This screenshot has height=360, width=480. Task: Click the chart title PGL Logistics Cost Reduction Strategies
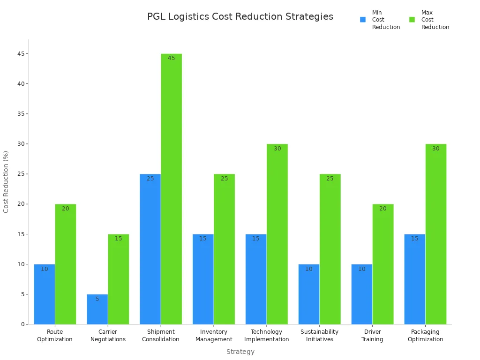click(x=240, y=17)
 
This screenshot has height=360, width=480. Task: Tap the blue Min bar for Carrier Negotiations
click(x=97, y=309)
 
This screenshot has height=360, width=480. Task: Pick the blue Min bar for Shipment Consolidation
click(x=150, y=249)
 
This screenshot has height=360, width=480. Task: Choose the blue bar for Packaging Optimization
click(x=415, y=279)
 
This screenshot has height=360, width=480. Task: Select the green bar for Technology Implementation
click(x=277, y=234)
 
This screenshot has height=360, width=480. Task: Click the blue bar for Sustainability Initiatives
click(x=309, y=294)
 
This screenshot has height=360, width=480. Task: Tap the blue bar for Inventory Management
click(x=203, y=279)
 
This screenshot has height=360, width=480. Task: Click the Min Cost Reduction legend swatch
click(x=363, y=20)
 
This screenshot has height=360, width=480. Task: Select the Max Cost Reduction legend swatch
click(x=412, y=20)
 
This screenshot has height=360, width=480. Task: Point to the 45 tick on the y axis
click(x=22, y=54)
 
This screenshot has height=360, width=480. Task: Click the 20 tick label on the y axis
click(x=22, y=204)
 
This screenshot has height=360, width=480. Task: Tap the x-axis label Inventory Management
click(x=214, y=336)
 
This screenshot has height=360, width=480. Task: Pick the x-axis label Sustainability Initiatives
click(x=319, y=336)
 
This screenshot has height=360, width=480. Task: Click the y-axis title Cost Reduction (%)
click(x=6, y=182)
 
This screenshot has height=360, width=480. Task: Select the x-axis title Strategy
click(x=240, y=352)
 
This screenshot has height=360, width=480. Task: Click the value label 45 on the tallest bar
click(x=171, y=58)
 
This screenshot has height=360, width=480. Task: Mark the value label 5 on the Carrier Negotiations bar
click(x=97, y=299)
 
